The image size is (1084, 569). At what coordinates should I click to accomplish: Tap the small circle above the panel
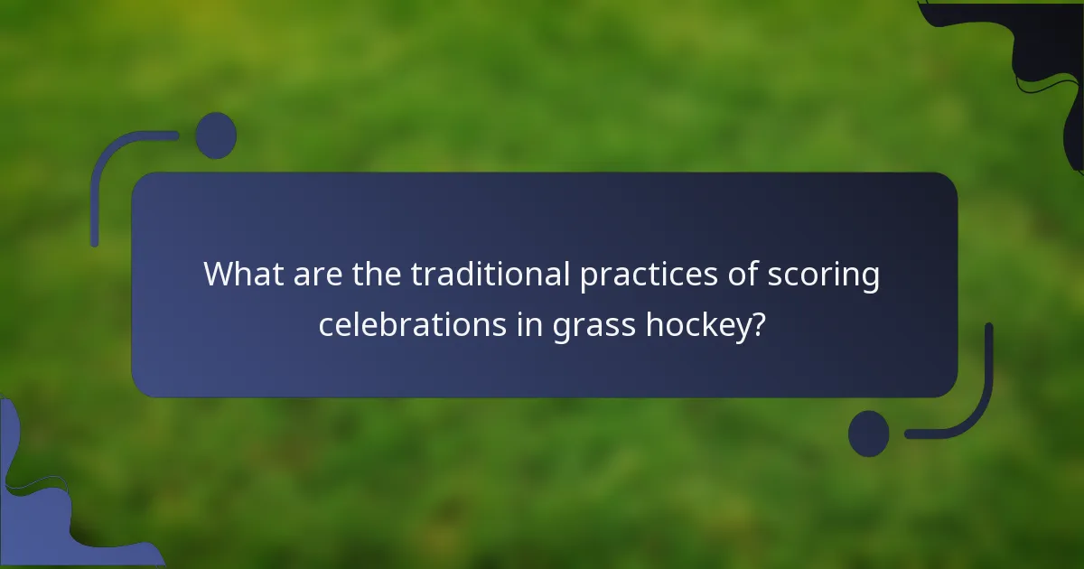pyautogui.click(x=216, y=135)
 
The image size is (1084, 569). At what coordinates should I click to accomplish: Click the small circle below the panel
pyautogui.click(x=869, y=433)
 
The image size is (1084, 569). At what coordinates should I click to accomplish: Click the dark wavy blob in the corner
pyautogui.click(x=1048, y=54)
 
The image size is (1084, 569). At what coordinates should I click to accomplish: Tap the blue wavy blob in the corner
pyautogui.click(x=36, y=506)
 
